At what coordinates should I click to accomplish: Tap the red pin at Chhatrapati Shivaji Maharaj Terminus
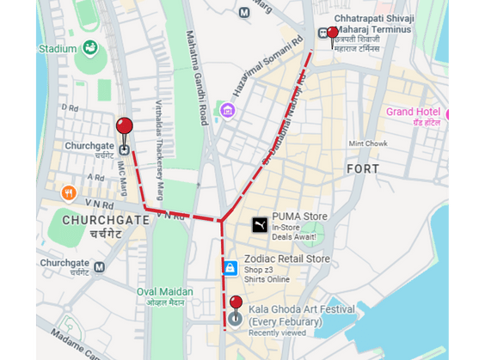(333, 34)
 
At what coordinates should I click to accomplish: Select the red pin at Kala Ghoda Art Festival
(236, 304)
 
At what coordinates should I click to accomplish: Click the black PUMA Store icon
(258, 225)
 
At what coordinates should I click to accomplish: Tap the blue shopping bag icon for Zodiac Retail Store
(230, 268)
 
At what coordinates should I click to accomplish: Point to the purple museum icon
(227, 110)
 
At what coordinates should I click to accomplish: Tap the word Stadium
(58, 49)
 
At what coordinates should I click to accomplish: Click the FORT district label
(362, 168)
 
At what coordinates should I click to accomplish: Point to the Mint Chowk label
(368, 143)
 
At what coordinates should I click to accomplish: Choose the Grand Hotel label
(413, 113)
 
